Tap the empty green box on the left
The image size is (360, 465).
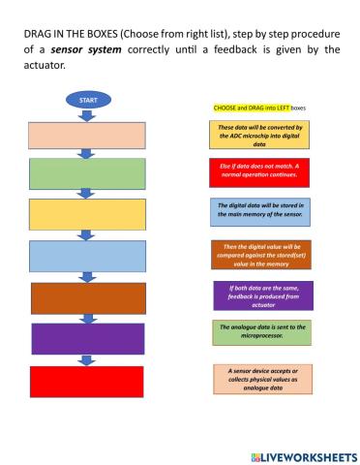tap(88, 174)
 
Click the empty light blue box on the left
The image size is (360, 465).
tap(88, 256)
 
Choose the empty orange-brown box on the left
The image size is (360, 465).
tap(88, 297)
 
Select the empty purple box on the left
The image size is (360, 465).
tap(88, 338)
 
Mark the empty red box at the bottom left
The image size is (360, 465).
tap(86, 381)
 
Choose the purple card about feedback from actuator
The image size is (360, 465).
tap(262, 294)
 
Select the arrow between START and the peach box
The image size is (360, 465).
tap(88, 115)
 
